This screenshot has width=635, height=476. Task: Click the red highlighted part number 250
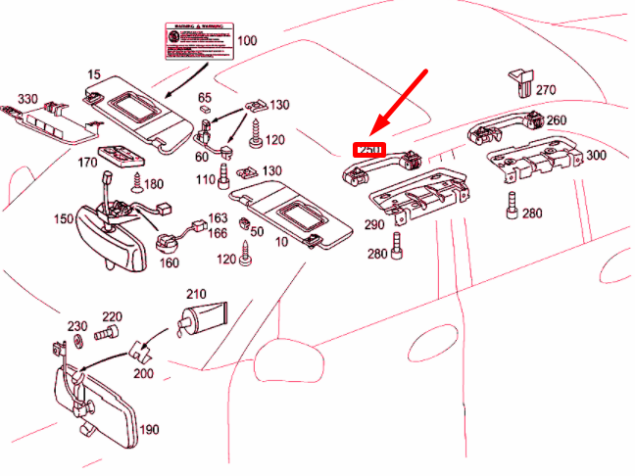[x=368, y=150]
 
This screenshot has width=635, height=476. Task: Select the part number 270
[x=545, y=90]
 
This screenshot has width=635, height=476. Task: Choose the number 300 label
[x=596, y=155]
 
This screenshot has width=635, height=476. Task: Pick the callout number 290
[x=374, y=225]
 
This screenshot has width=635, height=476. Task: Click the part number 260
[x=557, y=121]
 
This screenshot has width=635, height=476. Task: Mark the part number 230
[x=77, y=326]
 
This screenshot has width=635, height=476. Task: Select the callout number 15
[x=95, y=74]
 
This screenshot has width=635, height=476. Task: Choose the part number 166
[x=218, y=233]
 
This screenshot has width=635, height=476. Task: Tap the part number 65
[x=205, y=98]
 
